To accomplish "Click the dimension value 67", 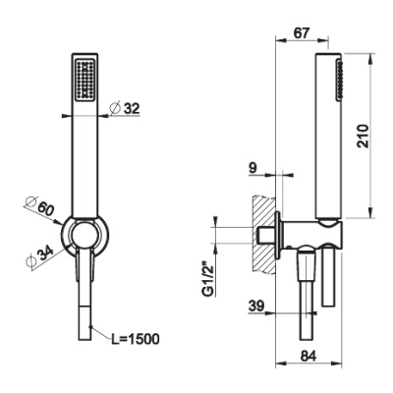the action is (300, 33).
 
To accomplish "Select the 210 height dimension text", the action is (363, 136).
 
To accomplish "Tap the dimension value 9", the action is (253, 168).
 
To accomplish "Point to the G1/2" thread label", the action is (208, 278).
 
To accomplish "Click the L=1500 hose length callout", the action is (136, 340).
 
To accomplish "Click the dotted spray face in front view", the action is (85, 80).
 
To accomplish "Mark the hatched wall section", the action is (263, 234).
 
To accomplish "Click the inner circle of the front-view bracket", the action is (84, 235).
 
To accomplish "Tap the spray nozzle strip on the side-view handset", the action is (339, 79).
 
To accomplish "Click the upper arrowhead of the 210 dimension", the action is (370, 58).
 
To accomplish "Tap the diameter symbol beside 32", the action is (115, 108).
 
